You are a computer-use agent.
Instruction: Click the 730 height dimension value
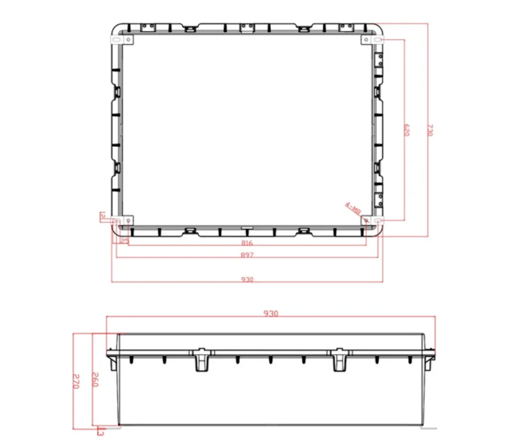[x=430, y=129]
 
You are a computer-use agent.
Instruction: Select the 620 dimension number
[x=406, y=129]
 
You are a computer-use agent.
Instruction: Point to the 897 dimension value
[x=247, y=255]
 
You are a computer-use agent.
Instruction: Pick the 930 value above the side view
[x=271, y=313]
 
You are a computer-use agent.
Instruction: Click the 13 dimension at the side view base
[x=100, y=432]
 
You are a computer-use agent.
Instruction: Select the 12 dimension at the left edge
[x=102, y=216]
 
